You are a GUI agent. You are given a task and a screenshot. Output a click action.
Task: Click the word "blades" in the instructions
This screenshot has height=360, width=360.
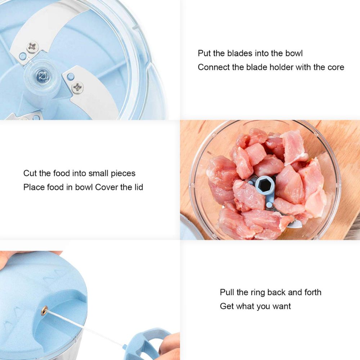pos(240,53)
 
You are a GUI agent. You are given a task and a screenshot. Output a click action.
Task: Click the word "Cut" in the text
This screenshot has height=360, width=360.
pos(30,173)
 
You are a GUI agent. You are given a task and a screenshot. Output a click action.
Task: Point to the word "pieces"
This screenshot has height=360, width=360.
pos(123,174)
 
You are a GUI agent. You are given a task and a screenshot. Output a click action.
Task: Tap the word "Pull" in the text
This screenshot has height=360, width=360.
pos(227,292)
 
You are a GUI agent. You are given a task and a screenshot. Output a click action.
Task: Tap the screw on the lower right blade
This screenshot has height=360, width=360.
pos(78,87)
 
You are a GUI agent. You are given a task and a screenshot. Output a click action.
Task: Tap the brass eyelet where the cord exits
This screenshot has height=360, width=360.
pos(44,311)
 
